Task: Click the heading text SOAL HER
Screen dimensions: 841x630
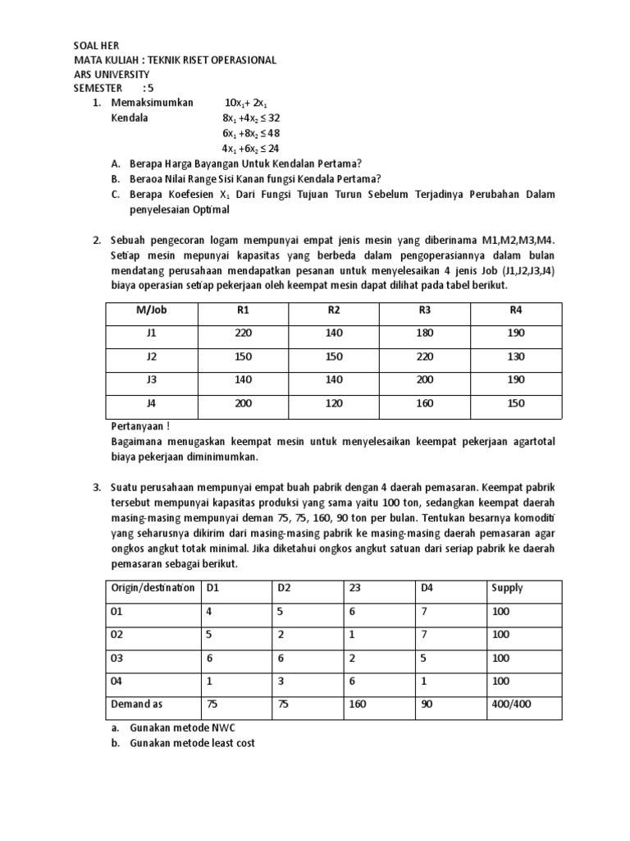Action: (x=98, y=47)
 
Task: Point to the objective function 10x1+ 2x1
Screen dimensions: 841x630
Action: (x=246, y=103)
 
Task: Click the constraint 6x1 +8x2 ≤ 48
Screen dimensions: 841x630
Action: (x=251, y=132)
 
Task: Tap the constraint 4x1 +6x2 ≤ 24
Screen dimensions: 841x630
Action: (x=251, y=148)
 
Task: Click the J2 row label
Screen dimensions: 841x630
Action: (x=151, y=357)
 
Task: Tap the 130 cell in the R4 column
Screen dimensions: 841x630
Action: (x=515, y=357)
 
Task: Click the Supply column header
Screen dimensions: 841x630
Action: (x=506, y=588)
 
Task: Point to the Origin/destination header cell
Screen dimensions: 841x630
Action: (x=153, y=588)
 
